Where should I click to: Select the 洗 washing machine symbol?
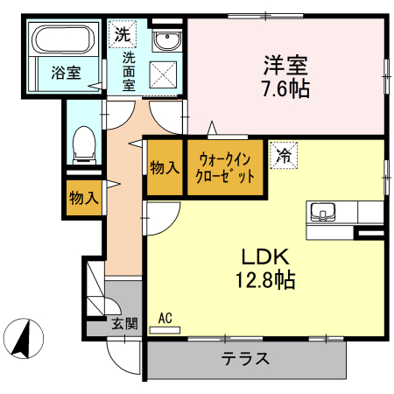[121, 37]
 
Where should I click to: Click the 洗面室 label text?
[128, 71]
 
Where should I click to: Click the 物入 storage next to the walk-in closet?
[165, 166]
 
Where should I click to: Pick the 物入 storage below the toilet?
[85, 198]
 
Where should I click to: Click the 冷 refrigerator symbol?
[284, 156]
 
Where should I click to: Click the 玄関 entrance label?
[125, 324]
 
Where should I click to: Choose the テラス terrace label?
[244, 359]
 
